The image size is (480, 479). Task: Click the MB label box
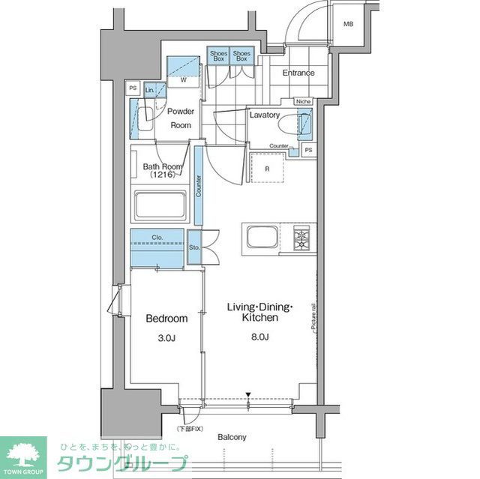coord(348,24)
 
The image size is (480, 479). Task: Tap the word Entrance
coord(298,73)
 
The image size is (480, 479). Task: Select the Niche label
coord(303,101)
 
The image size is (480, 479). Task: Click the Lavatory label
coord(265,115)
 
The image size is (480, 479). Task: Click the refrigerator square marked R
coord(267,168)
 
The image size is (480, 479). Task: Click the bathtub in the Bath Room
coord(159,206)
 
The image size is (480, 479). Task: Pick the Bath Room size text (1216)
coord(160,174)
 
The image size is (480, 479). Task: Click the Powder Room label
coord(181,118)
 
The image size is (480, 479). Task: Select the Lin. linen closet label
coord(149,90)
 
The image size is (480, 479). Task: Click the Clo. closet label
coord(157,238)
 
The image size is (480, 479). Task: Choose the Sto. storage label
coord(193,246)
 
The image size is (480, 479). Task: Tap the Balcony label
coord(232,437)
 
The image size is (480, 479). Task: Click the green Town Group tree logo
coord(22,454)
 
